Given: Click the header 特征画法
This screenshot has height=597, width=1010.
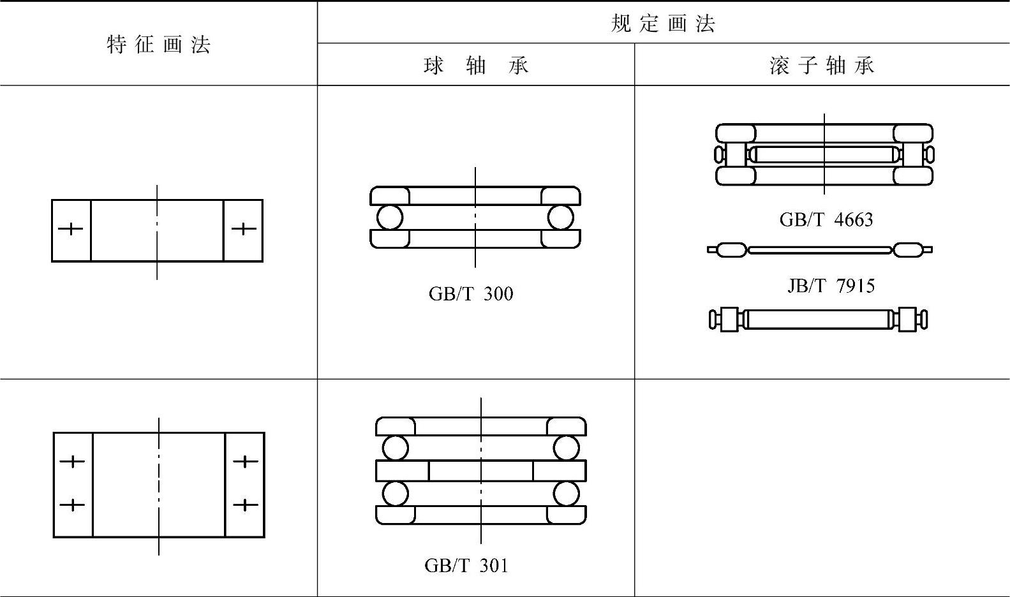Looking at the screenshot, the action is tap(158, 45).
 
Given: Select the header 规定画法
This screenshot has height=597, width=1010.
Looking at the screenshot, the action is tap(663, 24).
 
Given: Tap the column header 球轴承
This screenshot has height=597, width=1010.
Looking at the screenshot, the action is tap(476, 66).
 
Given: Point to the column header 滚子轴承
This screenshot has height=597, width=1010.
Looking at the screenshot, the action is tap(822, 66).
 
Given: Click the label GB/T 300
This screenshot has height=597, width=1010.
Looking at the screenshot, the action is tap(471, 294).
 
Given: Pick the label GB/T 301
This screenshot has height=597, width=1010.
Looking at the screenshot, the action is tap(466, 566).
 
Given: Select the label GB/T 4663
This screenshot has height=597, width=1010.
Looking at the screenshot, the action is tap(826, 220).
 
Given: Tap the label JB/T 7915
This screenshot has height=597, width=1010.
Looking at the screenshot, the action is tap(831, 286).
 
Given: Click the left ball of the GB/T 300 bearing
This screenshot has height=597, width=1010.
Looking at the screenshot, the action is tap(390, 217).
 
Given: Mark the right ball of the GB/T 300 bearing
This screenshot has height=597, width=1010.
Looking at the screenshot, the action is tap(560, 217).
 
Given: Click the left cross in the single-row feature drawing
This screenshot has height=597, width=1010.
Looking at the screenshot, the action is tap(71, 228).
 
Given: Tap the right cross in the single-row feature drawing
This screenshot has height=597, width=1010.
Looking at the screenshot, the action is tap(244, 228).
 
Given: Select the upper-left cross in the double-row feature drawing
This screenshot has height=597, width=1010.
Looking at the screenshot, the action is tap(73, 461).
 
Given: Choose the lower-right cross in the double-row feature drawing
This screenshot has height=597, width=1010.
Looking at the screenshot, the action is tap(246, 505).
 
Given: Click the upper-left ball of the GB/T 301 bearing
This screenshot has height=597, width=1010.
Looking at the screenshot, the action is tap(396, 448).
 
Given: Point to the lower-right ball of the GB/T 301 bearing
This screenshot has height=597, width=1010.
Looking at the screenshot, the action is tap(567, 494).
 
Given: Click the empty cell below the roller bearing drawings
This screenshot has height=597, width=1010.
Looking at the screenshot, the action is tap(822, 488).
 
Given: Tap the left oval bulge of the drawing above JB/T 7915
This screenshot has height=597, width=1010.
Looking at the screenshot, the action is tap(731, 249).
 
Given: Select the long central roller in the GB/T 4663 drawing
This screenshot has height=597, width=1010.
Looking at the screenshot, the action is tap(824, 154).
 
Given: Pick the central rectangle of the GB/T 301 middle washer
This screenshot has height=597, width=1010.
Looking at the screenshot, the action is tap(480, 471).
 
